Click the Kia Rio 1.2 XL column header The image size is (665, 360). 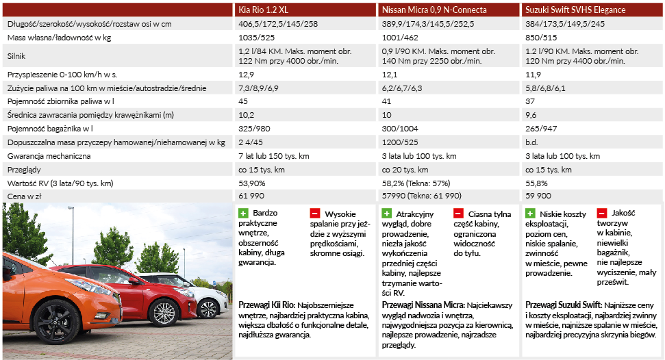point(264,10)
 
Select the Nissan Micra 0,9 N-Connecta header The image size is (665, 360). point(434,10)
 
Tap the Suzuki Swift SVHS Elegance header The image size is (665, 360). point(575,10)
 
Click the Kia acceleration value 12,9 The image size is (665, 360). point(246,75)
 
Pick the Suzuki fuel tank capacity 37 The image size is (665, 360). point(530,101)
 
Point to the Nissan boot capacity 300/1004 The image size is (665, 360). point(400,129)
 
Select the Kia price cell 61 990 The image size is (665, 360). point(251,196)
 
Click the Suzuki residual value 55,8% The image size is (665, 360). point(536,183)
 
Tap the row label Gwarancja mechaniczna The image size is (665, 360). point(49,156)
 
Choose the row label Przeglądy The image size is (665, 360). point(24,170)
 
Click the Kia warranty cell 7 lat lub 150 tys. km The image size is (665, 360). point(273,156)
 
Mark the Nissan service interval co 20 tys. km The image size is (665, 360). point(405,170)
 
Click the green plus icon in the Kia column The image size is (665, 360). point(243,213)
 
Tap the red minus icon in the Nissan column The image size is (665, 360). point(458,213)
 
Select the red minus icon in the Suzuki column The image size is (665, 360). point(601,213)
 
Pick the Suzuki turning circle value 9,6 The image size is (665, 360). point(531,115)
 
